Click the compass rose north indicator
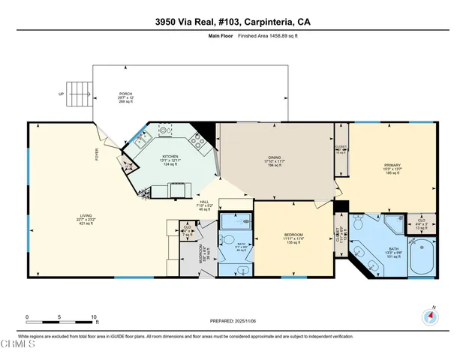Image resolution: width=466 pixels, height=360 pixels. coord(430,316)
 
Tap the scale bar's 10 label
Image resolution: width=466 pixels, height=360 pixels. coord(92,317)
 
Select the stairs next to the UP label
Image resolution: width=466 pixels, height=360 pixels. coord(78,94)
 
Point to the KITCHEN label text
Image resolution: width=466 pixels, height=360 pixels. coord(170,156)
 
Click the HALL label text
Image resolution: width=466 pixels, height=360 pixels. coord(182,201)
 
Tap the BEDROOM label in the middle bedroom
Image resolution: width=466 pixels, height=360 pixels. coord(292,235)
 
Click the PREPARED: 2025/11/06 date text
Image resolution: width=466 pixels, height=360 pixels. coord(232,321)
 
